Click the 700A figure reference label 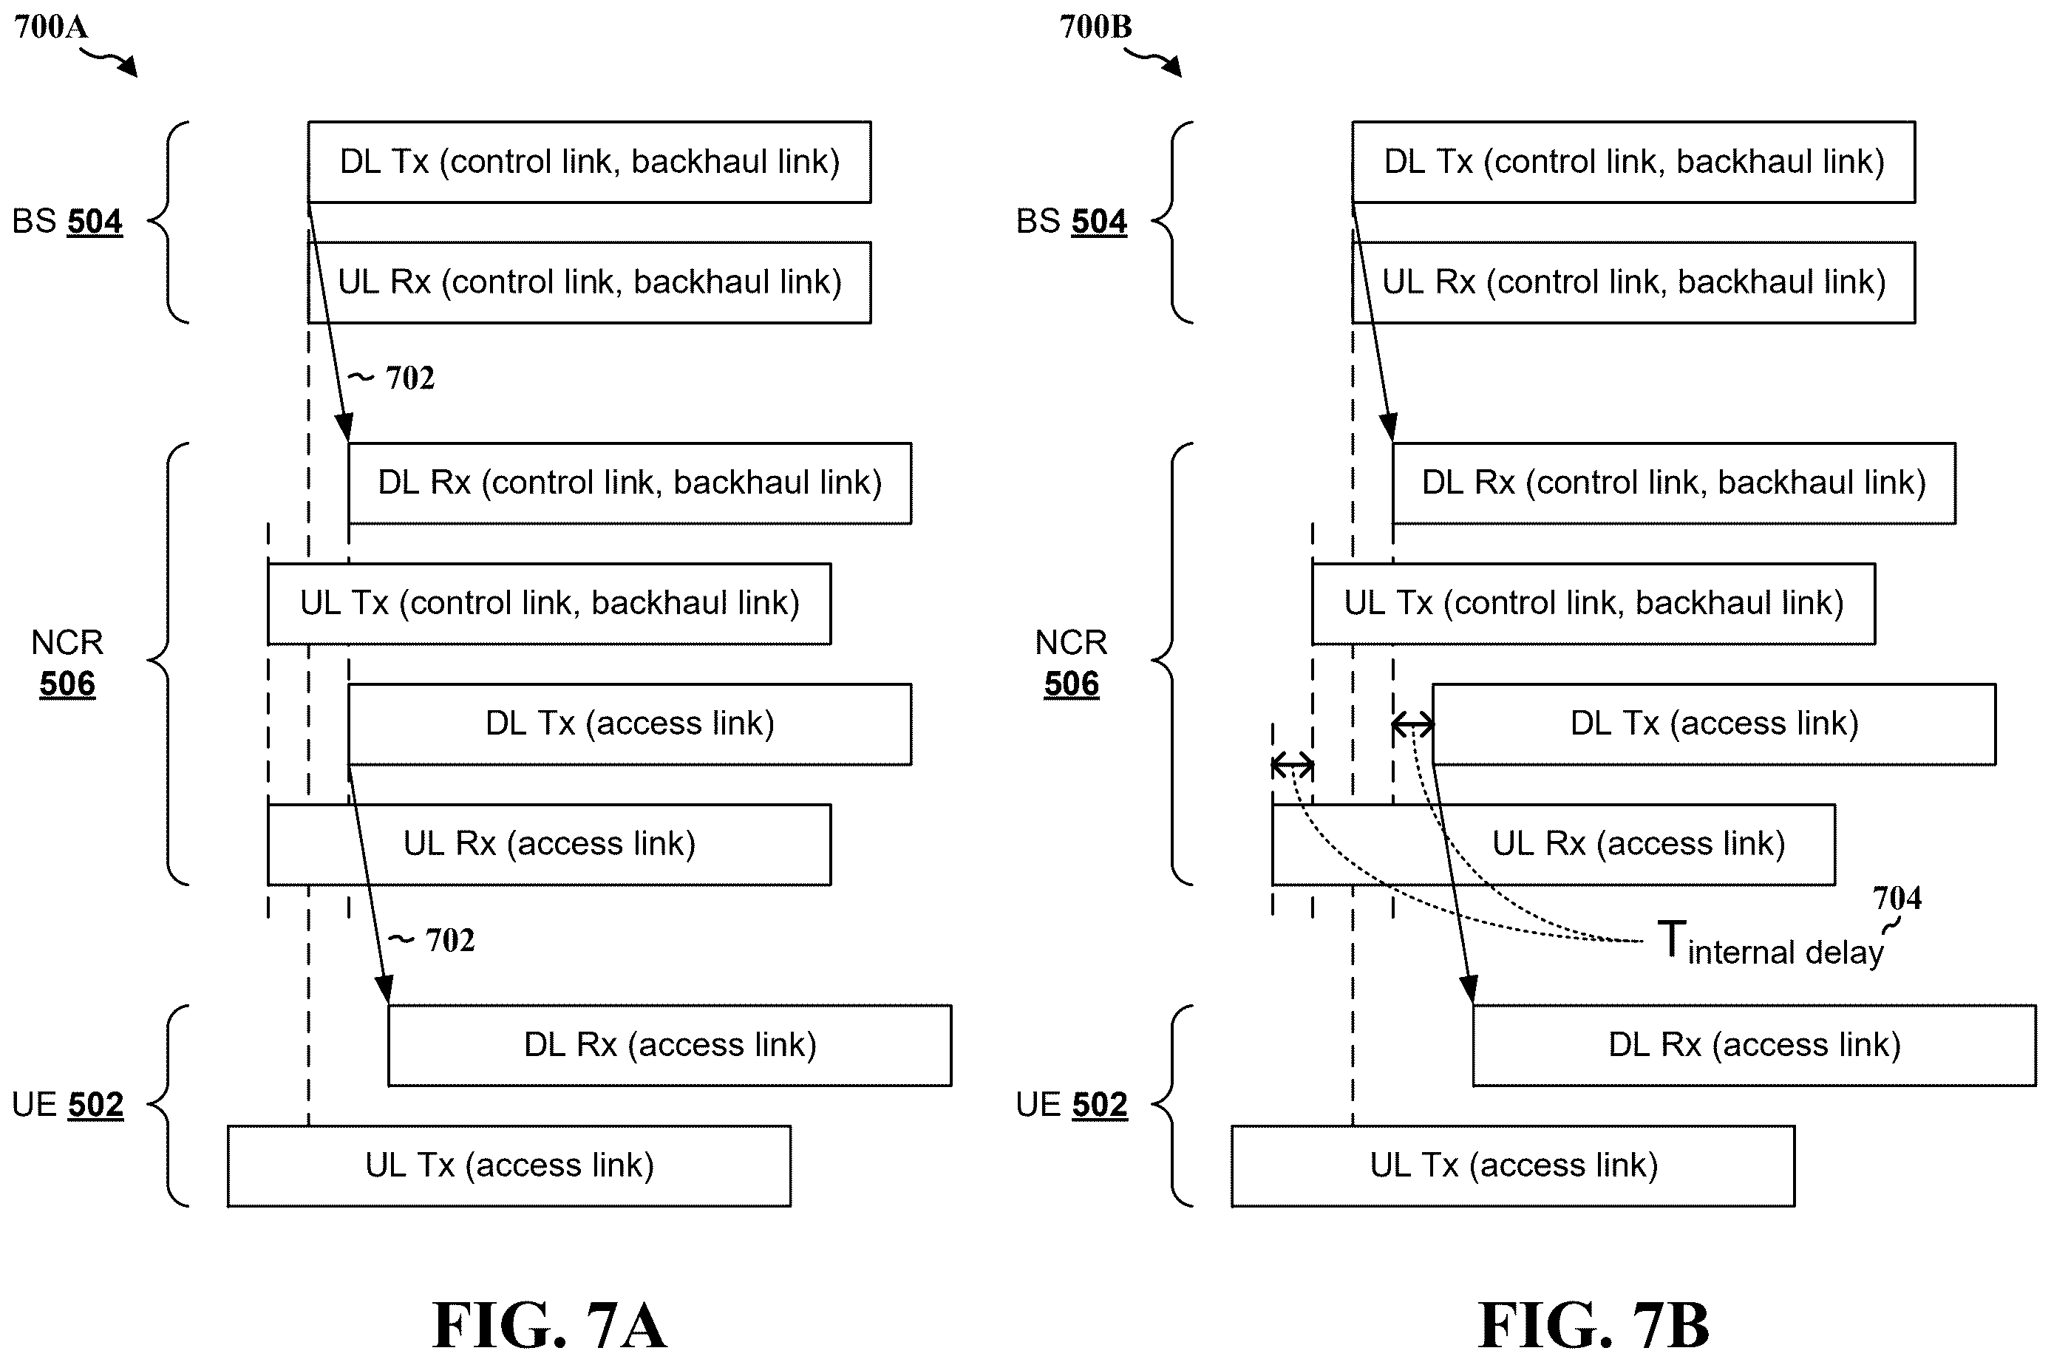[x=51, y=27]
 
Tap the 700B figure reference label [x=1095, y=27]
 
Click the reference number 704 [x=1897, y=897]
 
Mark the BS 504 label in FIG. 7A [x=67, y=222]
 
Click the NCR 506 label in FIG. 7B [x=1071, y=663]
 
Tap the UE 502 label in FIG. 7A [x=67, y=1105]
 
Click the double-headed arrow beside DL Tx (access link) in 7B [x=1412, y=723]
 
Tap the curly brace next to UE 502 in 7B [x=1161, y=1105]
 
